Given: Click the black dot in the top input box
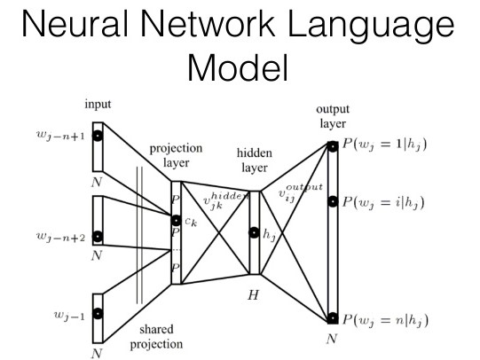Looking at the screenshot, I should pyautogui.click(x=98, y=137).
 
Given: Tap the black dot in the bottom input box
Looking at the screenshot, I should pyautogui.click(x=98, y=313).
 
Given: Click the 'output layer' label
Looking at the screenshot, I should pyautogui.click(x=333, y=116).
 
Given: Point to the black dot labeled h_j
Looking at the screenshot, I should pyautogui.click(x=256, y=234).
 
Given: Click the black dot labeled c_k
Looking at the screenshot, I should pyautogui.click(x=177, y=220).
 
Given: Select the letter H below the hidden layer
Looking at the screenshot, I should pyautogui.click(x=253, y=291).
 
